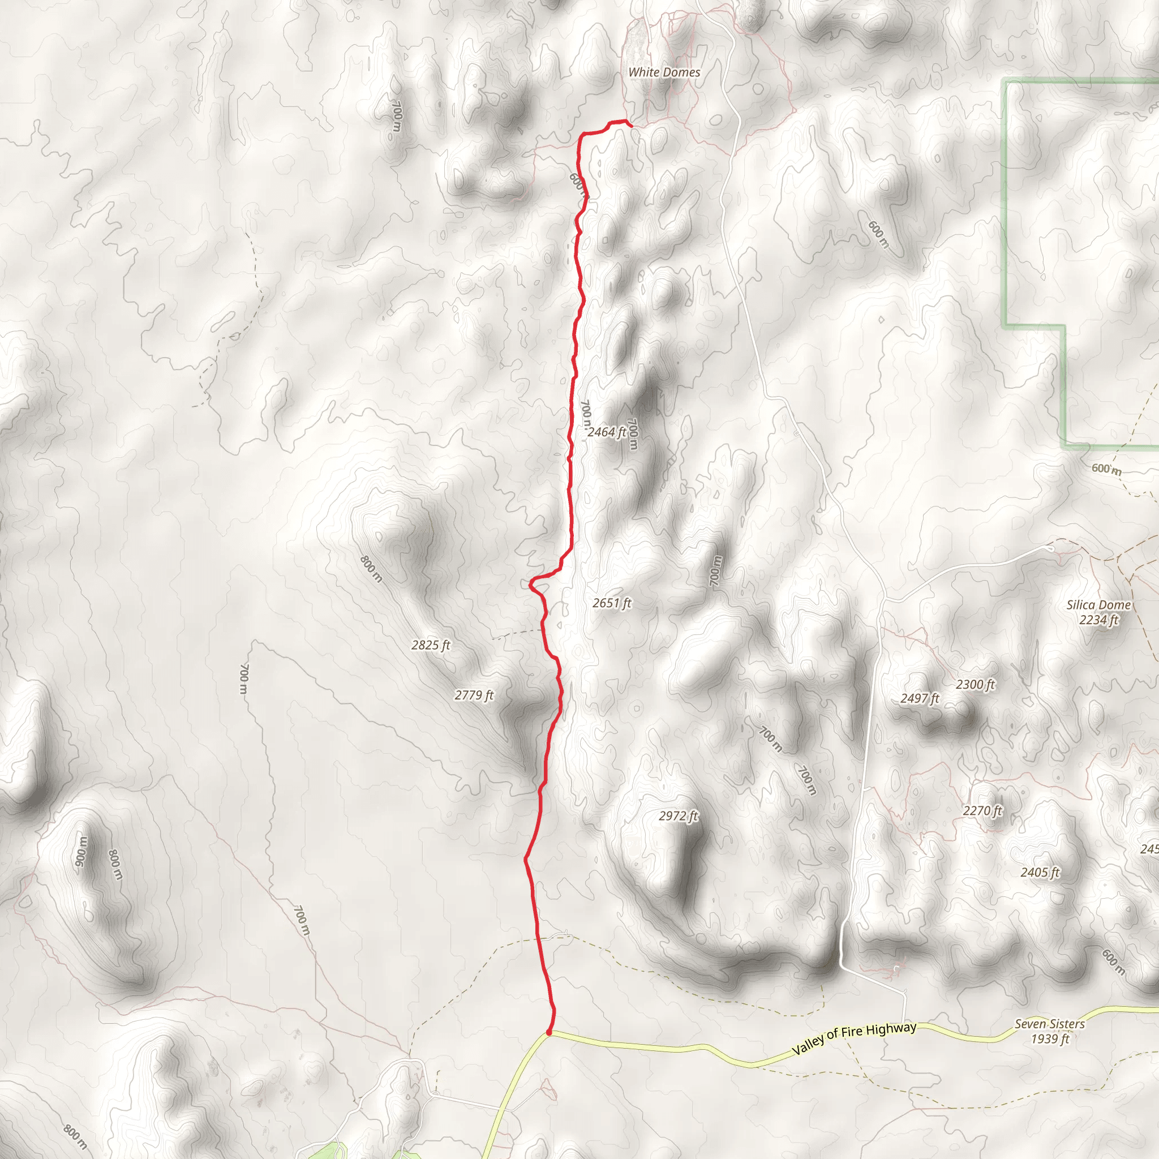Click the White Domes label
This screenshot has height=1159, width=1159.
click(664, 72)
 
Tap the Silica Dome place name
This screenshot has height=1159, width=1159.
click(1098, 606)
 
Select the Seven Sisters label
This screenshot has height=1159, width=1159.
click(1050, 1024)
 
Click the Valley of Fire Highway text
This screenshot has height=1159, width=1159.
click(854, 1039)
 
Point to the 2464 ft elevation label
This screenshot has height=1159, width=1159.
click(607, 432)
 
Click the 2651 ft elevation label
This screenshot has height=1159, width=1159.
click(612, 603)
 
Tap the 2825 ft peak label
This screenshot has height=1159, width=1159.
click(431, 646)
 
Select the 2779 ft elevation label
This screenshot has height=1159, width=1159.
click(474, 696)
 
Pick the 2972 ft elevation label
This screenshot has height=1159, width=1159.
click(679, 816)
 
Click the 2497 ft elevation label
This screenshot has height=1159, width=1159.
click(920, 698)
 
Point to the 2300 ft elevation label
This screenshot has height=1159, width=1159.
click(976, 685)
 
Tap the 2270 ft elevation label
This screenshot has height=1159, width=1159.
click(982, 811)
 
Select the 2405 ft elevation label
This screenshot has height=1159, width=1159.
click(1040, 872)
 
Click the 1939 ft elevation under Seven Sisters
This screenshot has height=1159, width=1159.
click(1050, 1039)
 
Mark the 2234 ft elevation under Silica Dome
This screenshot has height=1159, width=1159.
click(1098, 620)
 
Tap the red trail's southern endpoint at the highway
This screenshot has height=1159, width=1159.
click(548, 1033)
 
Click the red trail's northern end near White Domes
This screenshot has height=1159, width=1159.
click(630, 125)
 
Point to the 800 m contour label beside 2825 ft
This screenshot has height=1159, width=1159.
click(371, 569)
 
